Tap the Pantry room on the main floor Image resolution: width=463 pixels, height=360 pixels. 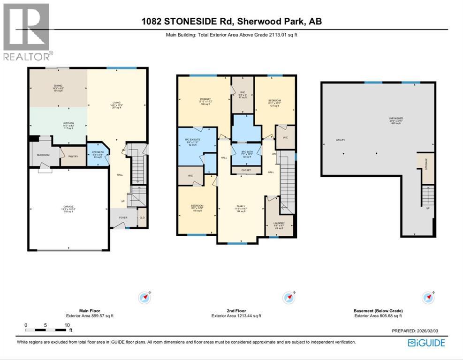pos(73,157)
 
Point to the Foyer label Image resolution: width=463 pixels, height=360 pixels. pos(123,218)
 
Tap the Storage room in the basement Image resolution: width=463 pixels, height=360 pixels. pos(426,167)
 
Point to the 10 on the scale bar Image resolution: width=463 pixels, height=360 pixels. pos(67,325)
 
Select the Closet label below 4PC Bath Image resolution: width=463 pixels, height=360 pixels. pos(246,170)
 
